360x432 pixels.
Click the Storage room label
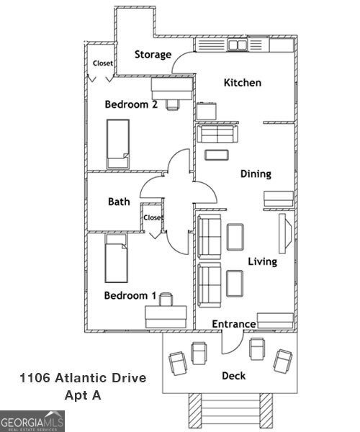pos(153,55)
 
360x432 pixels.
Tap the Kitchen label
pos(242,83)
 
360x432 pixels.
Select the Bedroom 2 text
pos(131,104)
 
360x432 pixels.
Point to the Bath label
pos(119,202)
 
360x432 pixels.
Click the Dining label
pos(256,174)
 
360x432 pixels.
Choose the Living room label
pos(262,261)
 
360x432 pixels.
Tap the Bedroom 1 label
pos(130,295)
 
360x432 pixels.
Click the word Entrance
pos(233,324)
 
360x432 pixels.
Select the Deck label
pos(233,375)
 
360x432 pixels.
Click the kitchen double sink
pos(238,45)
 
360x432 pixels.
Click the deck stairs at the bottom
pos(231,413)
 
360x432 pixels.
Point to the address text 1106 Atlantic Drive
pos(83,378)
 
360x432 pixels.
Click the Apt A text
pos(82,395)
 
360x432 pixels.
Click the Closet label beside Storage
pos(102,63)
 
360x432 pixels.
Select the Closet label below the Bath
pos(153,217)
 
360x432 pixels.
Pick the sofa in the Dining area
pos(217,134)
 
